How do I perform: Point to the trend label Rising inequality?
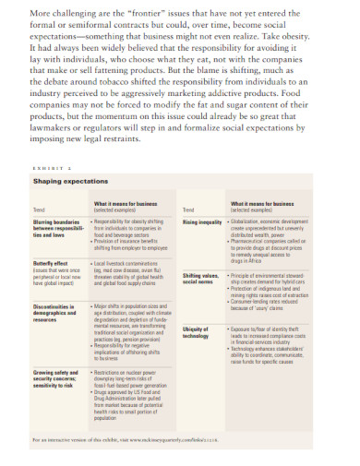click(202, 222)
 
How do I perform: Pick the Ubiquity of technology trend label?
click(198, 333)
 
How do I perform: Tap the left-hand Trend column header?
click(38, 210)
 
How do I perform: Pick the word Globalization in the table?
click(254, 222)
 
